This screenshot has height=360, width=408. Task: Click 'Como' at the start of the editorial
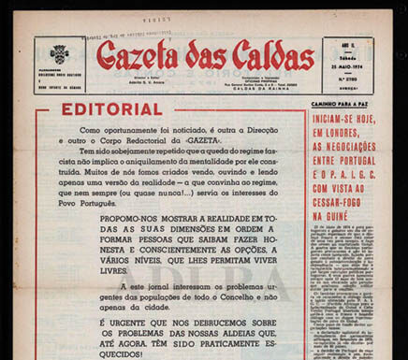click(92, 128)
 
